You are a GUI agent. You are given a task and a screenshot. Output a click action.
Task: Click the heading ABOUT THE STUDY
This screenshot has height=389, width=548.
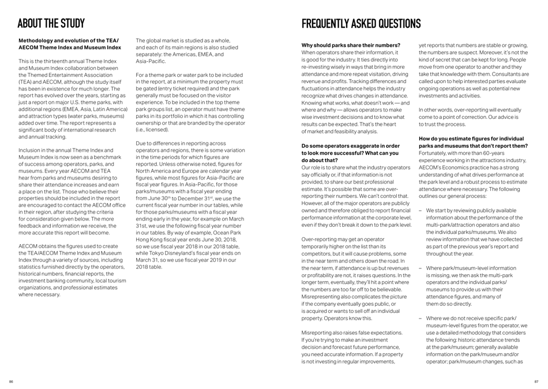click(51, 24)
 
